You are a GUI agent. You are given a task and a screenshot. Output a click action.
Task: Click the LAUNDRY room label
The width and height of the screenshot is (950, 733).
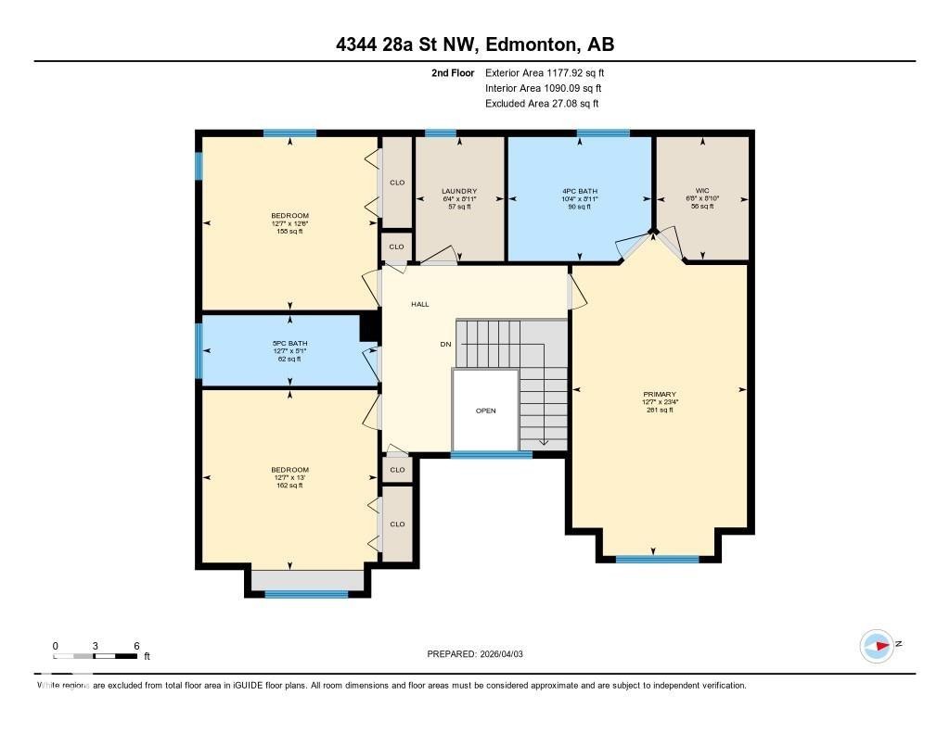(x=459, y=191)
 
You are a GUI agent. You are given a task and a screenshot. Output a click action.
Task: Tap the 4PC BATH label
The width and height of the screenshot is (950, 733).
(x=580, y=191)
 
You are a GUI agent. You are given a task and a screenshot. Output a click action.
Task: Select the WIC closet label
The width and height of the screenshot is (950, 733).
(x=702, y=191)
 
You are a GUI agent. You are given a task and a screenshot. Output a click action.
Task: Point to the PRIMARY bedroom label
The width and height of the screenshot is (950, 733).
(x=660, y=394)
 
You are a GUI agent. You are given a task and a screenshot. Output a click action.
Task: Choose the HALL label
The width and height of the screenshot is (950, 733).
(x=420, y=304)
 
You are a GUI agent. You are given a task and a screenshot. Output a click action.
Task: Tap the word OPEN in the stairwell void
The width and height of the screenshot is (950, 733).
(x=485, y=411)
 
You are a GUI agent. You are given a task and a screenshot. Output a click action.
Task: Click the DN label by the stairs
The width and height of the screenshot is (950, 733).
(x=445, y=344)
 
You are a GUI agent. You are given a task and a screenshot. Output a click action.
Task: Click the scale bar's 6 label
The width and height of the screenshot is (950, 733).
(x=136, y=645)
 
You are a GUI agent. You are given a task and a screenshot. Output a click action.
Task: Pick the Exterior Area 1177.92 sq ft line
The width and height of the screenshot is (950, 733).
(x=545, y=72)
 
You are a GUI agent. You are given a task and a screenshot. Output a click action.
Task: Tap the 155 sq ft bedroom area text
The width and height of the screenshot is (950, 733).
(x=290, y=231)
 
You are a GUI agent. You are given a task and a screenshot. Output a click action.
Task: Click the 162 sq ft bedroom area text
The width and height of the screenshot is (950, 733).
(x=290, y=485)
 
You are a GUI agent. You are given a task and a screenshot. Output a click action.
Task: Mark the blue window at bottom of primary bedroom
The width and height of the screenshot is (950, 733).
(x=657, y=559)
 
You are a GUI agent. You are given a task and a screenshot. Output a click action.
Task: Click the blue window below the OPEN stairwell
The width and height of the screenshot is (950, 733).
(x=492, y=454)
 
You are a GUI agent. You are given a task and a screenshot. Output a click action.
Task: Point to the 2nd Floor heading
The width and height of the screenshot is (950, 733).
(x=453, y=72)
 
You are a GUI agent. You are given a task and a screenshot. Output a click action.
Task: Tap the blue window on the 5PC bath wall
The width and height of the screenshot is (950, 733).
(x=198, y=350)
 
